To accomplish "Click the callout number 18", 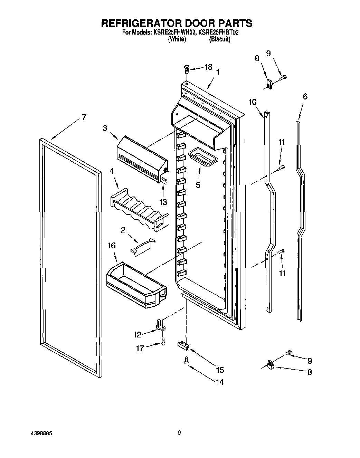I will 208,67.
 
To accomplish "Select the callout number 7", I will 84,117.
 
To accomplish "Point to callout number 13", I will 163,202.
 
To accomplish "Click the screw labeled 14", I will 186,361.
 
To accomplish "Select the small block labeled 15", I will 183,345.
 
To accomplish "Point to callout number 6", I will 305,96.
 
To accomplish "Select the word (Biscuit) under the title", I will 220,39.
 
